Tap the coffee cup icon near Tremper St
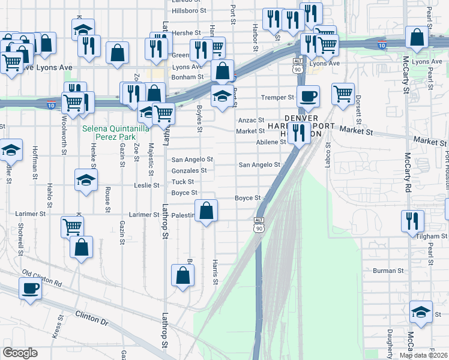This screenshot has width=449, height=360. coord(308,96)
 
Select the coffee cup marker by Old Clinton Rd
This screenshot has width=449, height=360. coord(29,288)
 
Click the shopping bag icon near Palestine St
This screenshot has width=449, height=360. coord(206,211)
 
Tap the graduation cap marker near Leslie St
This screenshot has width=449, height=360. coord(86,179)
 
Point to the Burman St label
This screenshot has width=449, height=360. coord(388,271)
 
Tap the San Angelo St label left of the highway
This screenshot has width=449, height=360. coord(192,160)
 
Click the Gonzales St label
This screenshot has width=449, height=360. coord(189,170)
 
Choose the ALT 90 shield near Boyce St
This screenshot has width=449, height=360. coord(259,224)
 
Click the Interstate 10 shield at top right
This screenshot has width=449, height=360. coord(381,44)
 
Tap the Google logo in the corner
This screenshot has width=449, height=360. coord(20,353)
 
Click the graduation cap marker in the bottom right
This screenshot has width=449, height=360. coord(421,312)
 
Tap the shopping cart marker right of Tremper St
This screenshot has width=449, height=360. coord(343,93)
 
